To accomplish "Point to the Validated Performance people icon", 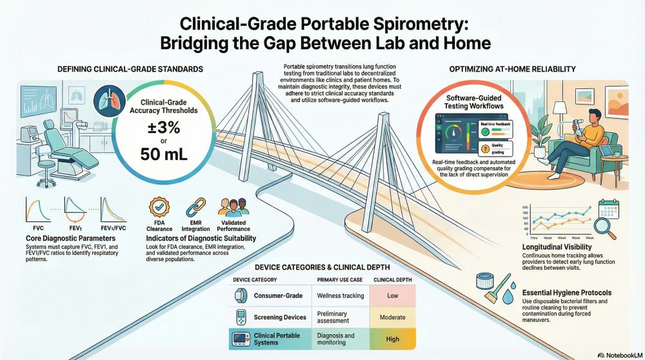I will [233, 208].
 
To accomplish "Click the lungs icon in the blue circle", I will [104, 101].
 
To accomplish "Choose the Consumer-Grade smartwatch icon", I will [240, 295].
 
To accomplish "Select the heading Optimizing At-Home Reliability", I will [513, 69].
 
